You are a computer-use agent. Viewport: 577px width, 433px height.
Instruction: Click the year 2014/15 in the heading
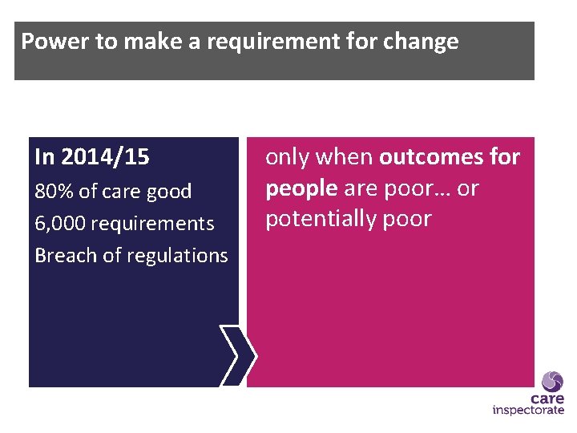tap(105, 157)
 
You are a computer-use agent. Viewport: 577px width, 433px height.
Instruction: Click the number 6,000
tap(61, 224)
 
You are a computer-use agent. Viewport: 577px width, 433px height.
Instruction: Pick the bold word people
tap(301, 188)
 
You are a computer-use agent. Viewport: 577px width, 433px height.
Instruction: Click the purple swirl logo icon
tap(552, 381)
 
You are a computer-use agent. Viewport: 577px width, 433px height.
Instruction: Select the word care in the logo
tap(547, 399)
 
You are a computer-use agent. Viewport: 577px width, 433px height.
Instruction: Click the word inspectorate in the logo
tap(528, 411)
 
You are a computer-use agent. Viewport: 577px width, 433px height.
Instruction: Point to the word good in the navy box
tap(170, 192)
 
